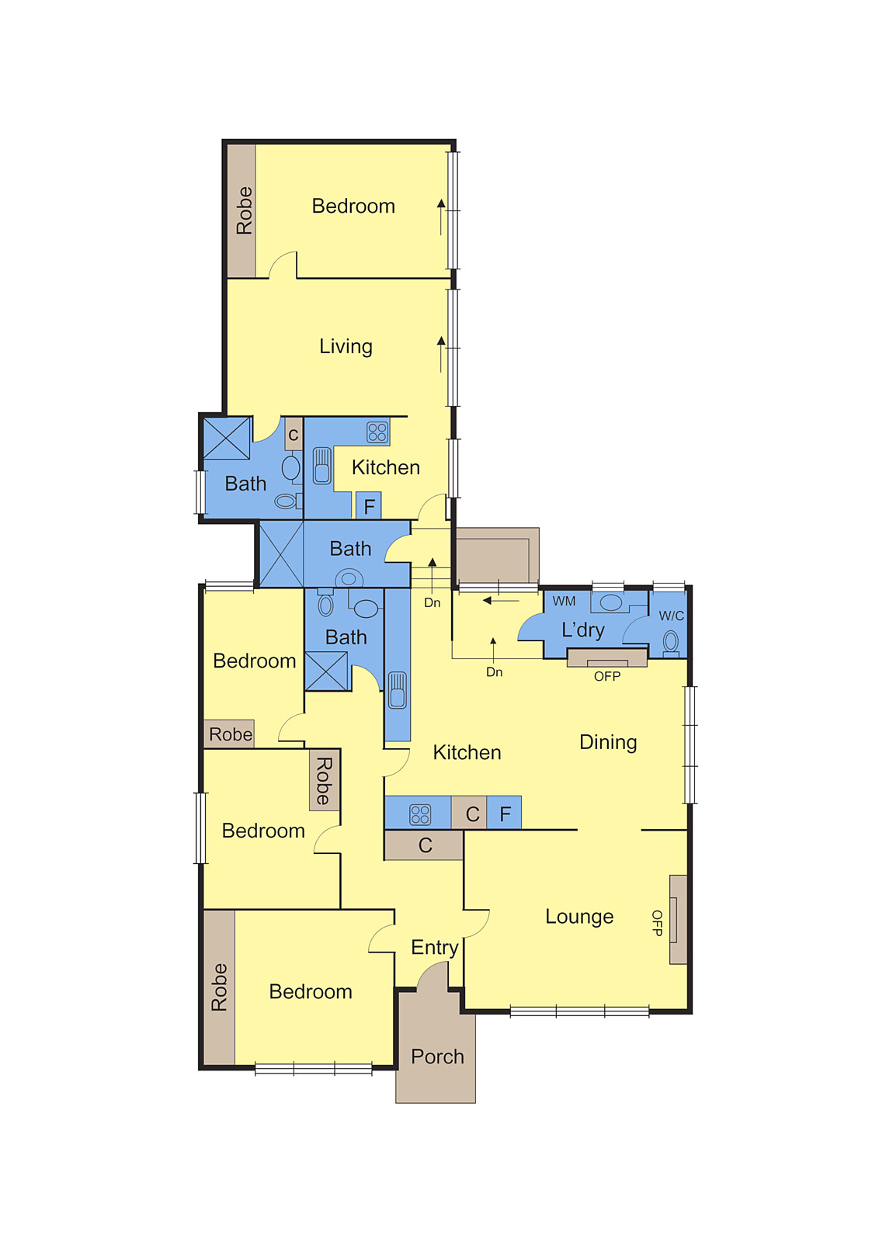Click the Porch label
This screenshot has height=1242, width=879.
pyautogui.click(x=437, y=1056)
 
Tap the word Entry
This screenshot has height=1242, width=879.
pyautogui.click(x=434, y=947)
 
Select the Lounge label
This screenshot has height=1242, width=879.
pyautogui.click(x=579, y=917)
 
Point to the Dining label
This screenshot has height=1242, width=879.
pyautogui.click(x=608, y=742)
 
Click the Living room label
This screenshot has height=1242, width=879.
pyautogui.click(x=346, y=346)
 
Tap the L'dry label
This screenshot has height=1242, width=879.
pyautogui.click(x=582, y=630)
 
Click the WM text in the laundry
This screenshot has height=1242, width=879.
pyautogui.click(x=564, y=601)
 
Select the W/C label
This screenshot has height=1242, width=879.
pyautogui.click(x=671, y=616)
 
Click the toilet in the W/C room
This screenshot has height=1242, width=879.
pyautogui.click(x=671, y=642)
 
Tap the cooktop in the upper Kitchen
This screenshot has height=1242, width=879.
pyautogui.click(x=377, y=432)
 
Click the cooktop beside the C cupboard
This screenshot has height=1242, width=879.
pyautogui.click(x=420, y=814)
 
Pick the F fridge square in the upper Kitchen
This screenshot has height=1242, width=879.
pyautogui.click(x=369, y=506)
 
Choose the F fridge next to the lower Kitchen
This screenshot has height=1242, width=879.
pyautogui.click(x=505, y=814)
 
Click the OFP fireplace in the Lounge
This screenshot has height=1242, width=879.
pyautogui.click(x=677, y=919)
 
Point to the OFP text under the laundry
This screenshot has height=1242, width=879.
pyautogui.click(x=606, y=676)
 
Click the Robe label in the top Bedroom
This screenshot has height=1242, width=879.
pyautogui.click(x=244, y=210)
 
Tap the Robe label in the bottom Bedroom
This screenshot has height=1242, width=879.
pyautogui.click(x=219, y=987)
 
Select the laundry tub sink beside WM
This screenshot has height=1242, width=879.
pyautogui.click(x=611, y=602)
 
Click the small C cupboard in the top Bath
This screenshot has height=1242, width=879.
pyautogui.click(x=294, y=435)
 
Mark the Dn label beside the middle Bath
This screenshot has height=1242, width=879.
pyautogui.click(x=432, y=602)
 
